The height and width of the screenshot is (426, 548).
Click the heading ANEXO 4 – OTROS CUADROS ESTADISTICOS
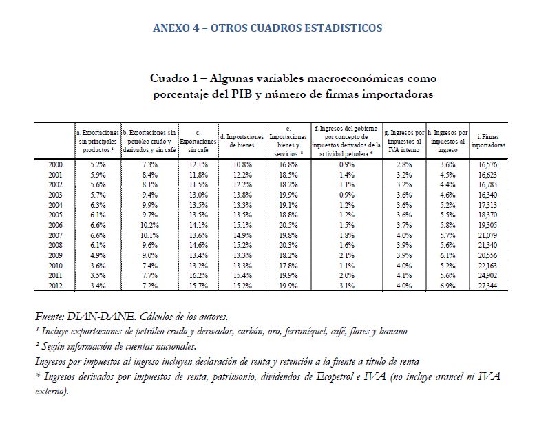tap(267, 28)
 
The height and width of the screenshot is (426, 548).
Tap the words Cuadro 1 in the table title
tap(177, 79)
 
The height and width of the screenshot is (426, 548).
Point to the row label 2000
tap(56, 164)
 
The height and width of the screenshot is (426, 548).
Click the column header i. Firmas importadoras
tap(487, 141)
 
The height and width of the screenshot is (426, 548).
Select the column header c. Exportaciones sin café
tap(198, 141)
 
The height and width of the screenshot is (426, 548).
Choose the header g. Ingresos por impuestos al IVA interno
tap(403, 141)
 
